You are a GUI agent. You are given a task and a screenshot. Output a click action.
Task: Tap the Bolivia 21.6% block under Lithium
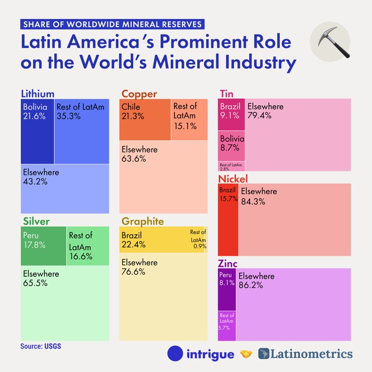(x=37, y=131)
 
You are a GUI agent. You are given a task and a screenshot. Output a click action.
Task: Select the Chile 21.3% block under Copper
(x=145, y=120)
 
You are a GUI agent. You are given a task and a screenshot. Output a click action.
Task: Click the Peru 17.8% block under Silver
(x=43, y=246)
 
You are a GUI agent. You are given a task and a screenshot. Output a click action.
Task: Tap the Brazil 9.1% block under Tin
(x=231, y=114)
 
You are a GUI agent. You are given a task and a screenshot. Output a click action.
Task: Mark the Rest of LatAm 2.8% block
(x=231, y=166)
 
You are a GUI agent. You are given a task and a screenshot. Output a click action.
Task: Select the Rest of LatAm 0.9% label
(x=198, y=239)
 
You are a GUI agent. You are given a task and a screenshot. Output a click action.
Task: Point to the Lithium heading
(x=38, y=93)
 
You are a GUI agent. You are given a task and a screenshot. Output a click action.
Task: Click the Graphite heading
(x=142, y=221)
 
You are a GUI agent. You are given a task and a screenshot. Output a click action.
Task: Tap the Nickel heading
(x=233, y=178)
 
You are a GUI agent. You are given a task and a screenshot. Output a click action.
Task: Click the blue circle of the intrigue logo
(x=175, y=354)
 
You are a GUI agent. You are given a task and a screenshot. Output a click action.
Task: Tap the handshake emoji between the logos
(x=246, y=354)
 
